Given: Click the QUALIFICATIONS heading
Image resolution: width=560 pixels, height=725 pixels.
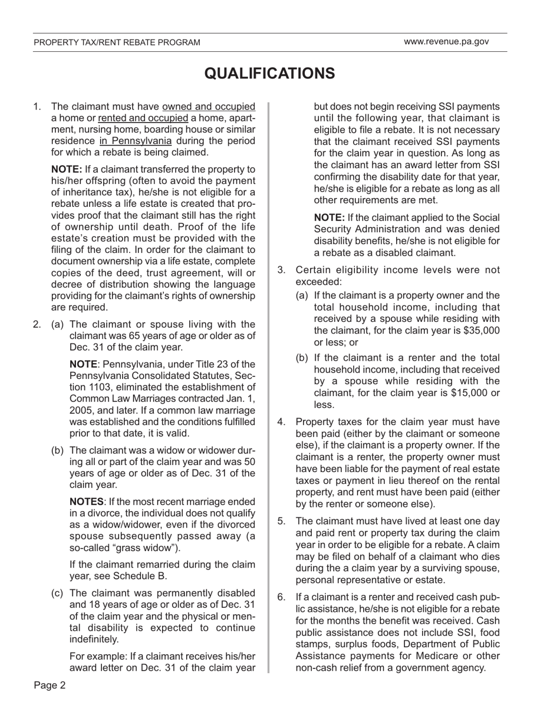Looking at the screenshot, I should (269, 74).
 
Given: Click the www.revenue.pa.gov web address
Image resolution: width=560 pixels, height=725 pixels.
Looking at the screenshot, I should (446, 42).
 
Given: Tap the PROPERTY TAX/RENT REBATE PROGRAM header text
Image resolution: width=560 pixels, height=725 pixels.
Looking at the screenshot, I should (117, 42).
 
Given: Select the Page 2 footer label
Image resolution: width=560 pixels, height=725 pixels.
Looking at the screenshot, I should (50, 686).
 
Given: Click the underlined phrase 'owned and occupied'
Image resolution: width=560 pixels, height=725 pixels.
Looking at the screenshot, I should (209, 107).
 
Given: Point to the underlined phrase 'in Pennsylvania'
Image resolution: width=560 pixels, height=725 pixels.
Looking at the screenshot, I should (136, 141).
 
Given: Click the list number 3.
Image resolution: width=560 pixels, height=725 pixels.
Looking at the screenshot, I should (281, 270).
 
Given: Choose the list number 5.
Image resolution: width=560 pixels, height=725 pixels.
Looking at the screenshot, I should (281, 521).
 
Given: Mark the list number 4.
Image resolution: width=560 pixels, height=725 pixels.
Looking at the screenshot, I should (281, 421).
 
